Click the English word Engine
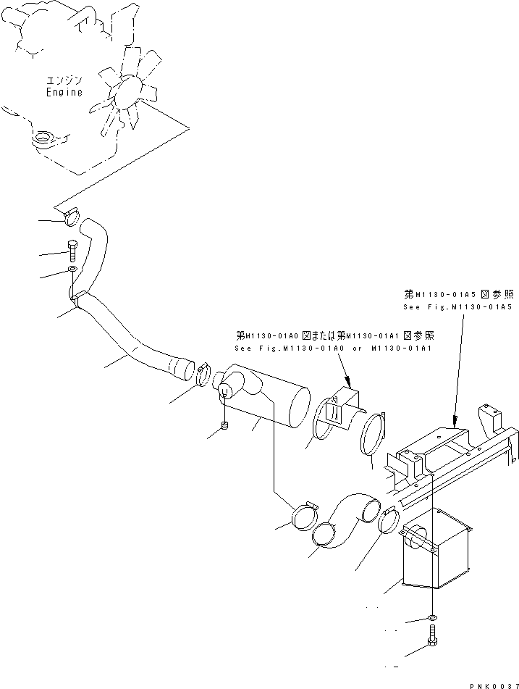tap(64, 92)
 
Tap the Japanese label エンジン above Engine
tap(64, 80)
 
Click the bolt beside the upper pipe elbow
tap(72, 250)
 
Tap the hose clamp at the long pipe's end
tap(205, 374)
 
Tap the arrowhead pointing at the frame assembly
tap(453, 419)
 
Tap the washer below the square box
tap(431, 618)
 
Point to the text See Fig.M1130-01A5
tap(457, 307)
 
